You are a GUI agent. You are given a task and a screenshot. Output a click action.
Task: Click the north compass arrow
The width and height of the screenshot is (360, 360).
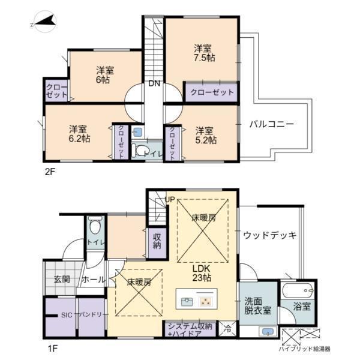pyautogui.click(x=46, y=21)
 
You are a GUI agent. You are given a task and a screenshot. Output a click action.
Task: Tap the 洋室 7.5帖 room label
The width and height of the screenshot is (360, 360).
pyautogui.click(x=204, y=53)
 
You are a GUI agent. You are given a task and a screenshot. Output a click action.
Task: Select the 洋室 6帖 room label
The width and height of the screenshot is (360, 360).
pyautogui.click(x=105, y=75)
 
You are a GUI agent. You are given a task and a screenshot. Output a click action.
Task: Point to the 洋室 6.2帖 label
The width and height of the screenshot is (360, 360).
pyautogui.click(x=79, y=134)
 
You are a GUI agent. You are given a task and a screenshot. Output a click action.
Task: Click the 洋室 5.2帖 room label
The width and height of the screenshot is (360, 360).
pyautogui.click(x=206, y=136)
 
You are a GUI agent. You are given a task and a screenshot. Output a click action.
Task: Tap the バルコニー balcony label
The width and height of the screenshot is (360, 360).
pyautogui.click(x=272, y=124)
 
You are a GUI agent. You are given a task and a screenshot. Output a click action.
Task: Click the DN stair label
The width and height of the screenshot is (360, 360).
pyautogui.click(x=154, y=83)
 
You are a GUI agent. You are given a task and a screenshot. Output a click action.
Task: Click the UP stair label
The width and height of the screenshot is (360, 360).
pyautogui.click(x=170, y=200)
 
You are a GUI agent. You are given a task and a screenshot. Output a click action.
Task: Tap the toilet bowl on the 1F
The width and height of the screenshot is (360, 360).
pyautogui.click(x=95, y=226)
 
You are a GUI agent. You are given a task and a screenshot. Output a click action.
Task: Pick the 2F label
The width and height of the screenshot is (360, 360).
pyautogui.click(x=50, y=172)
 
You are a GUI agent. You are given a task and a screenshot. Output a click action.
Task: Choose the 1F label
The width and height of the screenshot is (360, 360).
pyautogui.click(x=51, y=349)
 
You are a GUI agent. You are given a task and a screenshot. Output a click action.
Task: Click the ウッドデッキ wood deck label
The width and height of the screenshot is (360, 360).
pyautogui.click(x=270, y=235)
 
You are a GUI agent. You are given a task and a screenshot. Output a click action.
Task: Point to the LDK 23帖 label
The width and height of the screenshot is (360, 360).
pyautogui.click(x=202, y=273)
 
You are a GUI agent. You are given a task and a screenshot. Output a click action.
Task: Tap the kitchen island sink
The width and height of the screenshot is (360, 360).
pyautogui.click(x=187, y=302)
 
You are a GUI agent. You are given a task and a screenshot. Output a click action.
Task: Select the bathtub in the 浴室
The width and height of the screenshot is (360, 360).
pyautogui.click(x=298, y=290)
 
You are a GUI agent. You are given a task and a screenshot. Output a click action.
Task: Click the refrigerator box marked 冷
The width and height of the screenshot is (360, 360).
pyautogui.click(x=227, y=329)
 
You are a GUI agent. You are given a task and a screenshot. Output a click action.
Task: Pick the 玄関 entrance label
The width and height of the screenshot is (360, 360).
pyautogui.click(x=62, y=280)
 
